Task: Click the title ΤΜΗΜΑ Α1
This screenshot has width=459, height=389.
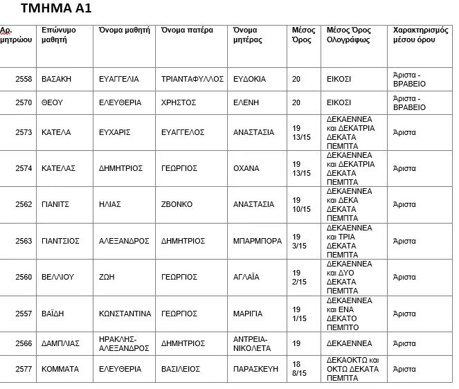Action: coord(56,9)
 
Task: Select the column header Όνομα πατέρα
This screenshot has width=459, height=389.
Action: coord(187,30)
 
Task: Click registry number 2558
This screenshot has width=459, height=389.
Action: coord(24,79)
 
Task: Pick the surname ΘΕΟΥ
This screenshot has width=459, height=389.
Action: coord(53,102)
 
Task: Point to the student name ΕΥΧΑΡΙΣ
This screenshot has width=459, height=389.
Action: coord(115,132)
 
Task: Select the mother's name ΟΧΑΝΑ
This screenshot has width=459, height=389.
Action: coord(246,168)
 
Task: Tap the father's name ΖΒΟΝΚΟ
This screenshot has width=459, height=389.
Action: coord(177,204)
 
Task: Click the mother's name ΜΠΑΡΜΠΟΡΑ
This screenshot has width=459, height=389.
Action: coord(258,241)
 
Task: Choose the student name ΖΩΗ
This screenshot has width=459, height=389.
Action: coord(107,277)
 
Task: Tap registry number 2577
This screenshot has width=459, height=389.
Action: coord(24,369)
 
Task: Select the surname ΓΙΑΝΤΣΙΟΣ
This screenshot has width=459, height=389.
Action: coord(61,241)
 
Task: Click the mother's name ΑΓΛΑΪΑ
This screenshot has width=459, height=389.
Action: coord(246,277)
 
